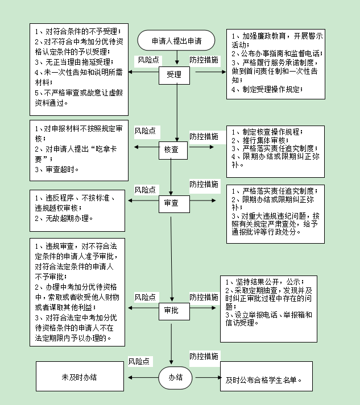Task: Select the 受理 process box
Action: coord(174,74)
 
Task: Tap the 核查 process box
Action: coord(171,149)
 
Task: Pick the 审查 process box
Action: coord(171,202)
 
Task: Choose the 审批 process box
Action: coord(171,310)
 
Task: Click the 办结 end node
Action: coord(175,378)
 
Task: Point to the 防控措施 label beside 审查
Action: coord(204,184)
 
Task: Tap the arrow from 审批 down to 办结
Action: coord(171,341)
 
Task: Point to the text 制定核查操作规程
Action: coord(264,132)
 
